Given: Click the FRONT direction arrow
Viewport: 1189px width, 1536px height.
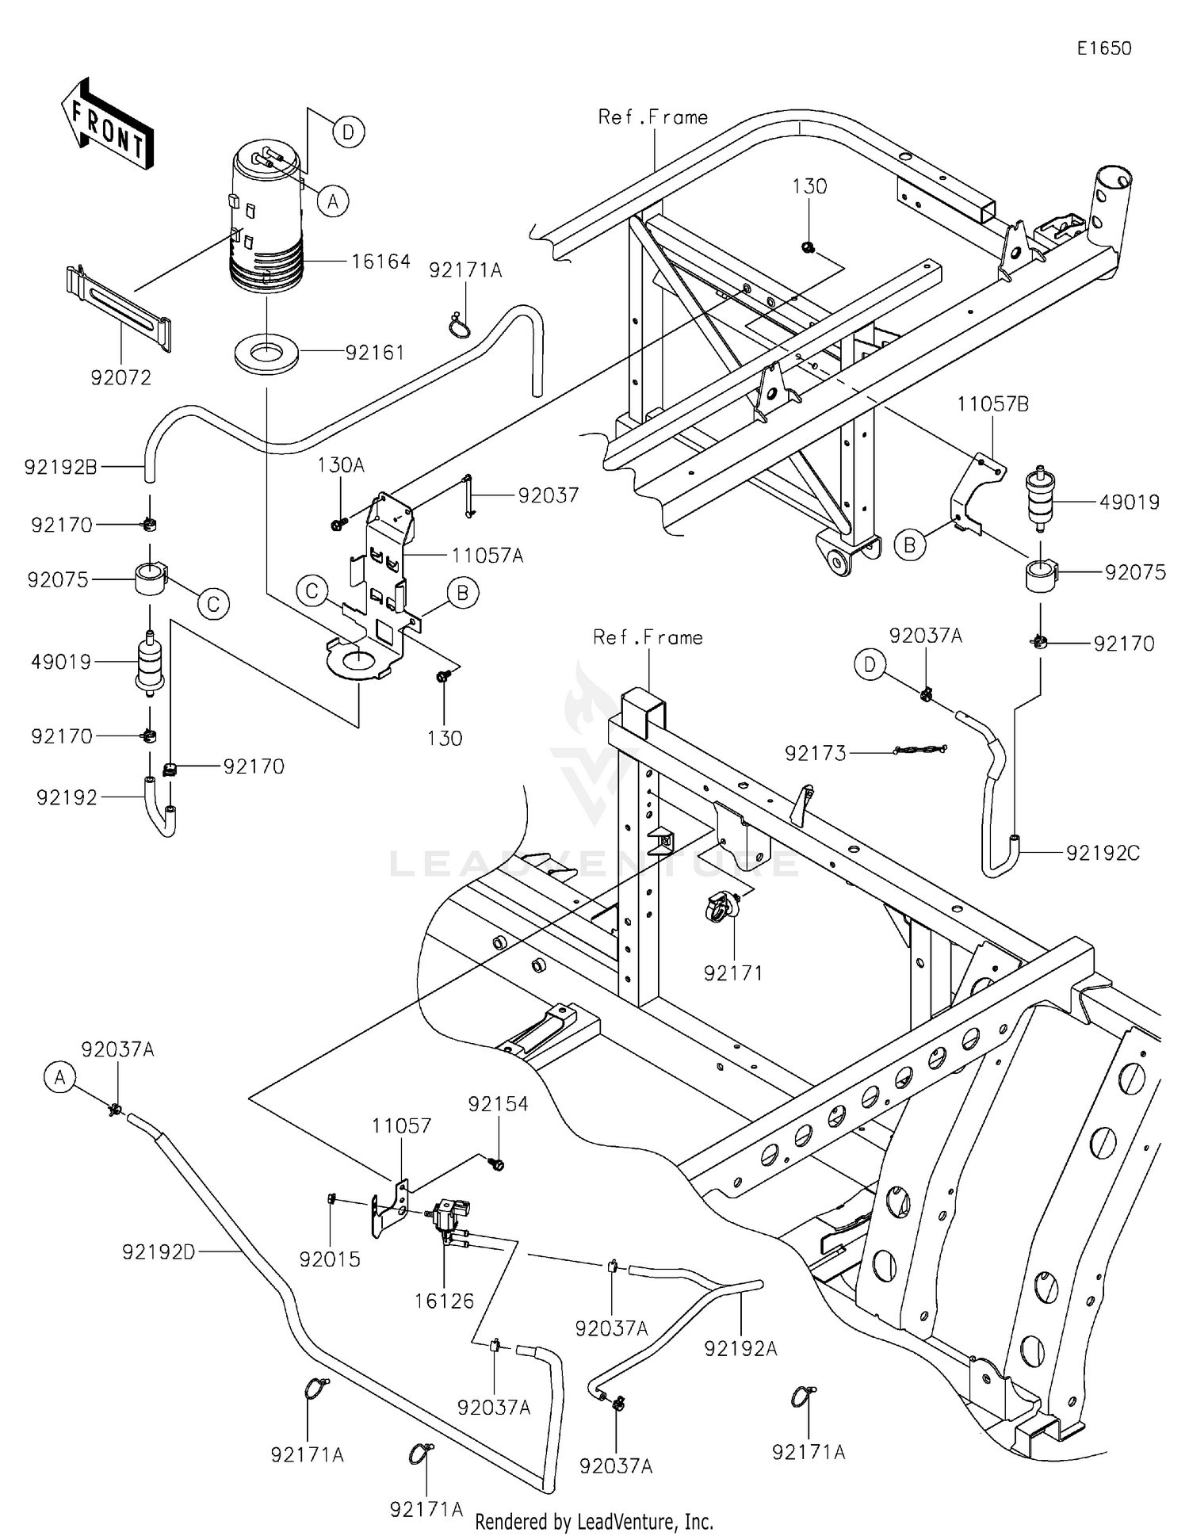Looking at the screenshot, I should [107, 125].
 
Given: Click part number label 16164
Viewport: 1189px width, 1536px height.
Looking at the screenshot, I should [380, 262].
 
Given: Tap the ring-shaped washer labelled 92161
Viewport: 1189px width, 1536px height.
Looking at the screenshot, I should [267, 351].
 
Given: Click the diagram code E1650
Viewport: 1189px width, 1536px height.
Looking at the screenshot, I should [1103, 48].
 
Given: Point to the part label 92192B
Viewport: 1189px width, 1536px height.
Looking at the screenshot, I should [61, 467].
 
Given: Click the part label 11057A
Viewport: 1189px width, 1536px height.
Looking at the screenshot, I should [487, 556].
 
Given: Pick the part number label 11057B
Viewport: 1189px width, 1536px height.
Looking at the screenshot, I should [992, 404].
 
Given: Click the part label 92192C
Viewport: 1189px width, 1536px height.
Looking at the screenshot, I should [1102, 853].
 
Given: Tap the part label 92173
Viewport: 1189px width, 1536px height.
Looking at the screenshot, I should [816, 753].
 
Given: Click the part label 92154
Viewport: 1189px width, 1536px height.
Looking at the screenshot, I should [498, 1103].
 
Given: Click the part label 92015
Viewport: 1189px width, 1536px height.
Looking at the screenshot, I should [330, 1259].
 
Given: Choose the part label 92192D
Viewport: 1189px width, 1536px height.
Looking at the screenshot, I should [159, 1251].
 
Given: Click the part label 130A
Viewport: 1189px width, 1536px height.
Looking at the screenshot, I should [341, 465].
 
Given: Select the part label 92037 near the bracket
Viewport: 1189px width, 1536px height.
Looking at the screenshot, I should [549, 495].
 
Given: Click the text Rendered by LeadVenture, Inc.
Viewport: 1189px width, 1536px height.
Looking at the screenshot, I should [594, 1521].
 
